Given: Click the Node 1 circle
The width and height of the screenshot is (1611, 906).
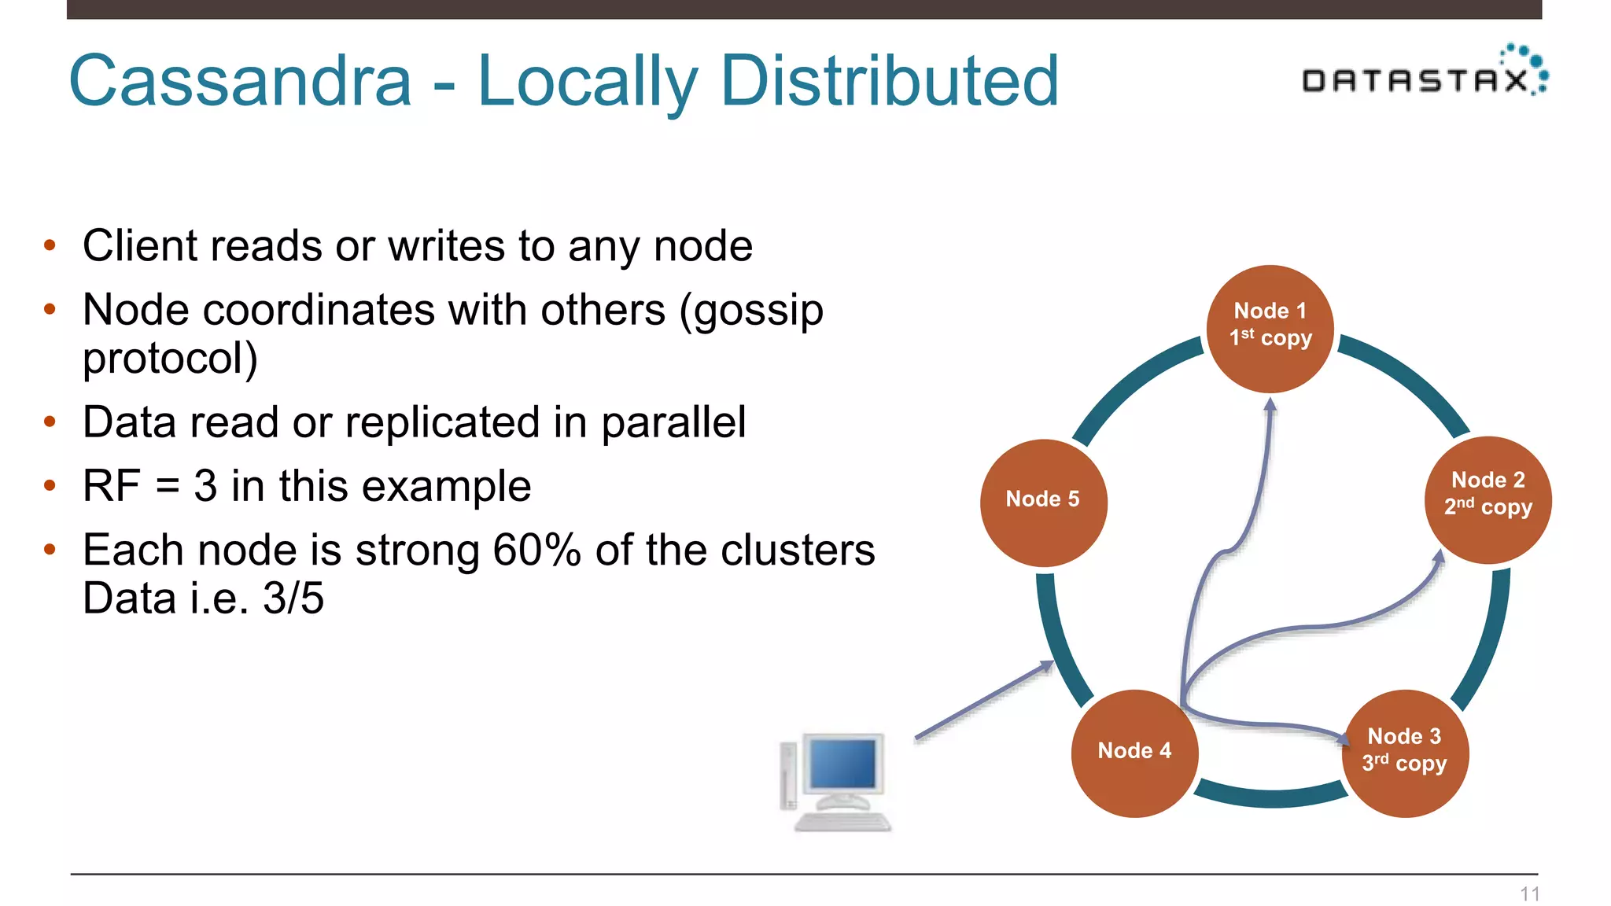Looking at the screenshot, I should [x=1270, y=329].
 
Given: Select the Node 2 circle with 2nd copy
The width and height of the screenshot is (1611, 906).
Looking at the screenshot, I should [x=1488, y=499].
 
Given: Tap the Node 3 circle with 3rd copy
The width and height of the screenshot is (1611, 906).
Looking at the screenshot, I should [x=1405, y=753].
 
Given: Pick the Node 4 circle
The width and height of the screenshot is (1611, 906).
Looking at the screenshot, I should [x=1134, y=753].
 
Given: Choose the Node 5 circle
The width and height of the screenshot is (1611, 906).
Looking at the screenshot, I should [x=1043, y=502].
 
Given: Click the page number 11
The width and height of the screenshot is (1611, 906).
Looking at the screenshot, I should [x=1529, y=893].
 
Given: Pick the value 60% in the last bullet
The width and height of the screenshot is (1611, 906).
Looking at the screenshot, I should [x=536, y=550].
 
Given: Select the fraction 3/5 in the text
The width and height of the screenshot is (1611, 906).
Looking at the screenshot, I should [x=293, y=598].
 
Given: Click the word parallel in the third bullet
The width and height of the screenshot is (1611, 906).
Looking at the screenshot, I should [x=673, y=422].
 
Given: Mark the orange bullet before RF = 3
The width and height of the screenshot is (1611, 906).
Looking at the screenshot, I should [x=50, y=485].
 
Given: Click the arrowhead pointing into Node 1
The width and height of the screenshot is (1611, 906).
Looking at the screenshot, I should [x=1270, y=405].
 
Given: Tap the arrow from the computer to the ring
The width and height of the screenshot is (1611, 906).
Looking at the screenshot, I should [x=983, y=700].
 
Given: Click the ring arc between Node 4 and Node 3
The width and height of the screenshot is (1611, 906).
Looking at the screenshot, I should [x=1270, y=797].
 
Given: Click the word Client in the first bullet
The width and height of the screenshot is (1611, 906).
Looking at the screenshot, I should [x=139, y=246].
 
